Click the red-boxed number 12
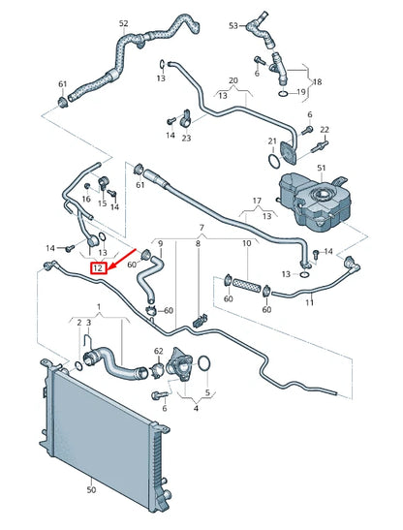(98, 268)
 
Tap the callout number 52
(150, 22)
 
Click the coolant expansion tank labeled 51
(314, 203)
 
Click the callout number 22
(325, 129)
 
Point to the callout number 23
(187, 139)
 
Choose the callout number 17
(257, 202)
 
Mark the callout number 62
(159, 352)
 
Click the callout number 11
(309, 303)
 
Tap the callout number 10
(246, 242)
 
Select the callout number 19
(301, 92)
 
